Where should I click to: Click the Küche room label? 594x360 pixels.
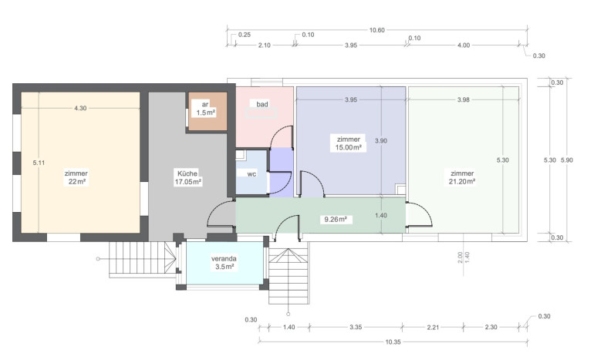coord(187,173)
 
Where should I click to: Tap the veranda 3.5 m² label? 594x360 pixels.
coord(224,263)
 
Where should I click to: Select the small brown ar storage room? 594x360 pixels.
coord(208,111)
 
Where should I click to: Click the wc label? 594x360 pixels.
coord(251,174)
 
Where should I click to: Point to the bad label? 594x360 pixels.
coord(262,104)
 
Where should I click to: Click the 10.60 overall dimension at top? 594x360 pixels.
coord(377,30)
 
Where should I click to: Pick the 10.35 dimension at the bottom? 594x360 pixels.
coord(393,341)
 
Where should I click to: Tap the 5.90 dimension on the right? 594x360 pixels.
coord(567,160)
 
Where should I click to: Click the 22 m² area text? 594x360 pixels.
coord(77,182)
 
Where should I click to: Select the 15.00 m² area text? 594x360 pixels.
coord(349,148)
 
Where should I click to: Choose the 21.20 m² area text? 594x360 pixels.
coord(462,181)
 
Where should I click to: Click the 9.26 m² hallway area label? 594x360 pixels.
coord(336,219)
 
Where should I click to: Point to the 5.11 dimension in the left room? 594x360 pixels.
coord(39,163)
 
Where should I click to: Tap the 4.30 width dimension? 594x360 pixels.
coord(80,108)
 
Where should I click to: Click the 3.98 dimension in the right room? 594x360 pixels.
coord(464,99)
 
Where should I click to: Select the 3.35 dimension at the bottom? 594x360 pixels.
coord(356,327)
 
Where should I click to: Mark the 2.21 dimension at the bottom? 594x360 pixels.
coord(433,327)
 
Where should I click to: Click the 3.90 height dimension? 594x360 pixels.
coord(381,141)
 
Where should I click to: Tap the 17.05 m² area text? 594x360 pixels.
coord(188,182)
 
